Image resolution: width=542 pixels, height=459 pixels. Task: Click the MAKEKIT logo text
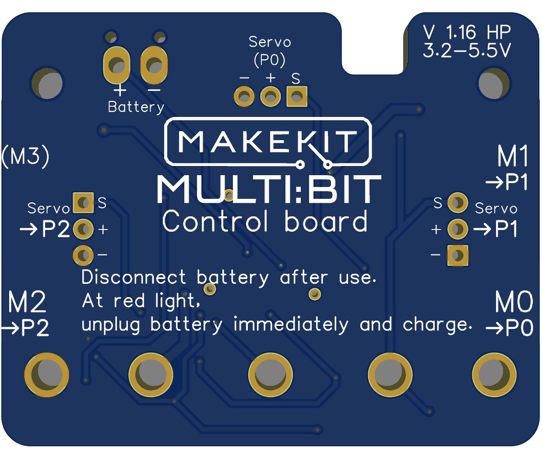pos(267,142)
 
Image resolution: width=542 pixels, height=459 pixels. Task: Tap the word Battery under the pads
pos(136,107)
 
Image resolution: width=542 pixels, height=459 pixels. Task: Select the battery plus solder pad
pos(116,65)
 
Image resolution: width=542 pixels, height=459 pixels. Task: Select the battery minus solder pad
pos(154,65)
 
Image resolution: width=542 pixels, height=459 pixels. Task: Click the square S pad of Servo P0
pos(297,97)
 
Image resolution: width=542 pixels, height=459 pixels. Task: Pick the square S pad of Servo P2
pos(83,203)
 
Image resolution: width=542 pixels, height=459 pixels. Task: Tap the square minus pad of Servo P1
pos(458,255)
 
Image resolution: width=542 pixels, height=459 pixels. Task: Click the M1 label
pos(513,156)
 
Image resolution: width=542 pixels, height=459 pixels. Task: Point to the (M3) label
pos(25,156)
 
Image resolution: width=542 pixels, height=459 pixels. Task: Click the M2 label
pos(27,302)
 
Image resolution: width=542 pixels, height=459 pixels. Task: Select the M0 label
pos(514,302)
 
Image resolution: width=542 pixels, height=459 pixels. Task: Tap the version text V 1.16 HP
pos(467,32)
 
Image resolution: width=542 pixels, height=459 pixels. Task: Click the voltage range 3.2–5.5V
pos(467,51)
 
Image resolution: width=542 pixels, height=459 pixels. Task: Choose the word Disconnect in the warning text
pos(134,278)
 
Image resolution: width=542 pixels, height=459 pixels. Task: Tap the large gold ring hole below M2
pos(46,375)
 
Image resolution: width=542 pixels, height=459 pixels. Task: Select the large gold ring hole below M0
pos(494,375)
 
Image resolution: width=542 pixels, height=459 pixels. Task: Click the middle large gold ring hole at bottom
pos(271,375)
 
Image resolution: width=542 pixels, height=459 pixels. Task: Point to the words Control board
pos(265,222)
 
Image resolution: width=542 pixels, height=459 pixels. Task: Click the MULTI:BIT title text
pos(269,189)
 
